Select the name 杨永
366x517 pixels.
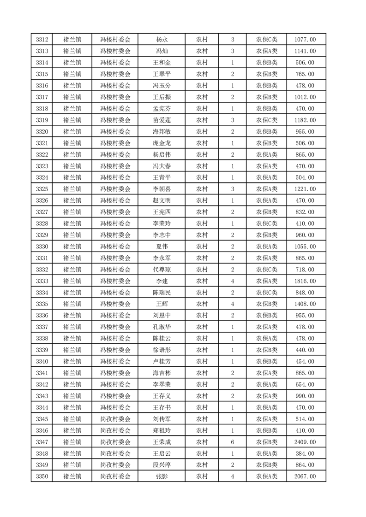click(x=162, y=40)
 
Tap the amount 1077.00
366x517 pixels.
click(x=305, y=40)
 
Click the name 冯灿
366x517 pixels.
click(x=162, y=51)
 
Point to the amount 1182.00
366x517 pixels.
click(x=305, y=120)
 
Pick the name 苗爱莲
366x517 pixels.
click(x=162, y=120)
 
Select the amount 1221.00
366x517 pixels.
click(x=305, y=189)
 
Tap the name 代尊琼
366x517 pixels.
click(x=162, y=270)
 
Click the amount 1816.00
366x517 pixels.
click(x=305, y=281)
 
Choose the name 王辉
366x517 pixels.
click(x=162, y=304)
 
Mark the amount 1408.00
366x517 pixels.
click(x=305, y=304)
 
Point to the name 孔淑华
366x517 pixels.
click(x=162, y=327)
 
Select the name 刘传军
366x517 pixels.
click(x=162, y=419)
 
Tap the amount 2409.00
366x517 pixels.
click(x=305, y=442)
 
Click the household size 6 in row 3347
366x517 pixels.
click(x=232, y=442)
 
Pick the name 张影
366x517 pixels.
click(x=162, y=476)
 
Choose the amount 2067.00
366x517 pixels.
click(x=305, y=476)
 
